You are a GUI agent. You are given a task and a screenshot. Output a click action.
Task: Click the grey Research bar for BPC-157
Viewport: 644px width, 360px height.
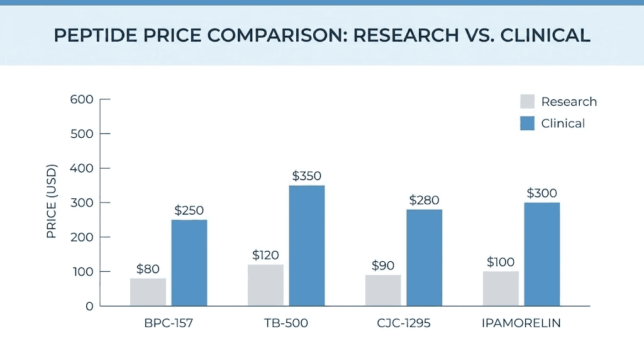148,292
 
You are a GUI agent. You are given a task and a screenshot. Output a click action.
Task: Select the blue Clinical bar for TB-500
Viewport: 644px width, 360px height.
306,245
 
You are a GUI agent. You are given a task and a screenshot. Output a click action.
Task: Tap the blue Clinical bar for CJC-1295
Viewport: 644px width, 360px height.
424,257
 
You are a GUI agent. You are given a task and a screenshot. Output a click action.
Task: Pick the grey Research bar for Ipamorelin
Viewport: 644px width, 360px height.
501,288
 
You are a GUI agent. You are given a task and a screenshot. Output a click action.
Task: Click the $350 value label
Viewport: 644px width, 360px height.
307,176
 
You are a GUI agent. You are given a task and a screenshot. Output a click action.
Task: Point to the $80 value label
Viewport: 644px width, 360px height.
148,269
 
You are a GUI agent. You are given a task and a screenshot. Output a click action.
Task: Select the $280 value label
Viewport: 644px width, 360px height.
425,200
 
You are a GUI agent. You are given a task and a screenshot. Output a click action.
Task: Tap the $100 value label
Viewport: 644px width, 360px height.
501,262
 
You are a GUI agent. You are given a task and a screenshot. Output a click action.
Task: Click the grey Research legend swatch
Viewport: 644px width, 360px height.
527,102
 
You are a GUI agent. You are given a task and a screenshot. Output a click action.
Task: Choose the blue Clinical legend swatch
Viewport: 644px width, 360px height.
527,123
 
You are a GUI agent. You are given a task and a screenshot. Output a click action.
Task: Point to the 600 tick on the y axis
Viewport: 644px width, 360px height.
82,99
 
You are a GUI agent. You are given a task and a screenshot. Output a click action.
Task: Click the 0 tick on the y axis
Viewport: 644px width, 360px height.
89,307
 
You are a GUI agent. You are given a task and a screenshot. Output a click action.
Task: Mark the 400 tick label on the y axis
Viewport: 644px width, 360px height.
82,169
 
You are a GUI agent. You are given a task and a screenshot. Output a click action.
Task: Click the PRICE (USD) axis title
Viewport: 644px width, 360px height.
52,202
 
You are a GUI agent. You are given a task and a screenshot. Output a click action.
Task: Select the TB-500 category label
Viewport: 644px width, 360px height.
286,324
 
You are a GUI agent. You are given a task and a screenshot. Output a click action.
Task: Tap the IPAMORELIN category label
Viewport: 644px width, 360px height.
521,324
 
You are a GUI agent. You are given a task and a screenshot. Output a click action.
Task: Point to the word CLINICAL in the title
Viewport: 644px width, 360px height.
545,35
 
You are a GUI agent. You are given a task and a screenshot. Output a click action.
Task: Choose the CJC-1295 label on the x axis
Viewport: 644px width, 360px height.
403,324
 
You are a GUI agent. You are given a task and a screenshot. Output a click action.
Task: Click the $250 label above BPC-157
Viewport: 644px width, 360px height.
189,211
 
